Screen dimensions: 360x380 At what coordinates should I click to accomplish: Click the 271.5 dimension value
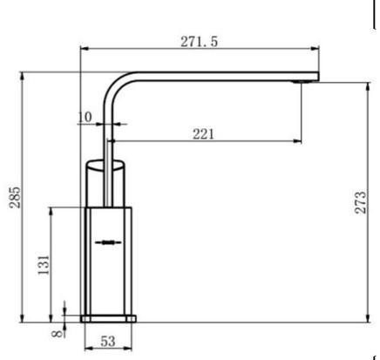(200, 41)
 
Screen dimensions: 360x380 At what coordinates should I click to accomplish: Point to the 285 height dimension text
(13, 199)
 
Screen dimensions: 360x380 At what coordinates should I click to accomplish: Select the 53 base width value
(109, 342)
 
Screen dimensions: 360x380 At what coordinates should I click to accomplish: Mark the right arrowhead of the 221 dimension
(299, 141)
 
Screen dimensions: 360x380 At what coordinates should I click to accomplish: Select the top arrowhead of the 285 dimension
(22, 78)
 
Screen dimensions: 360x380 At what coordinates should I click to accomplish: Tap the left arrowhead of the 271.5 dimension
(84, 49)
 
